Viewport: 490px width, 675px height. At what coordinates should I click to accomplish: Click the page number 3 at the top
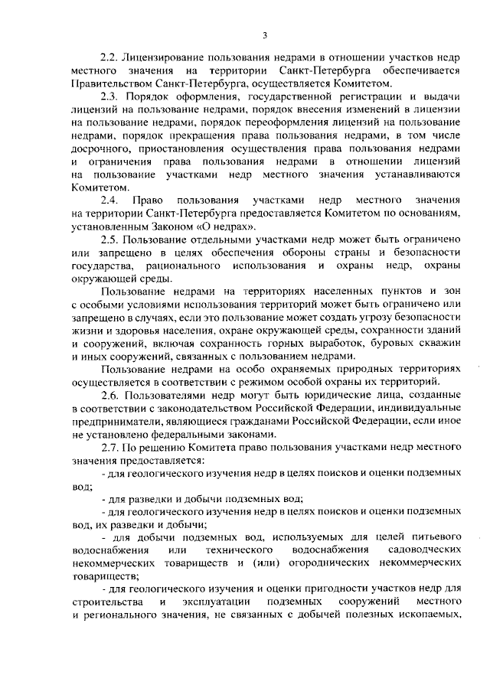pyautogui.click(x=264, y=34)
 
